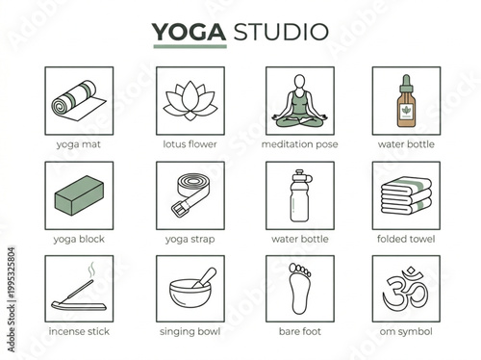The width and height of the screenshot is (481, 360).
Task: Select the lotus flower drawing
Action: pyautogui.click(x=190, y=101)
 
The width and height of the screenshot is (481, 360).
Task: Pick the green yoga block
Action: pyautogui.click(x=79, y=198)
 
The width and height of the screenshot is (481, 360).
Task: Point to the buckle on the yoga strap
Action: pyautogui.click(x=178, y=208)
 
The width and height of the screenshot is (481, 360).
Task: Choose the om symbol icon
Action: pyautogui.click(x=406, y=290)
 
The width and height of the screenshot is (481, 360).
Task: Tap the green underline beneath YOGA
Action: pyautogui.click(x=190, y=46)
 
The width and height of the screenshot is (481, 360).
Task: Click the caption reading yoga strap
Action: pyautogui.click(x=190, y=238)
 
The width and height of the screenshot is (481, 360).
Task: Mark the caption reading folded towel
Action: pyautogui.click(x=406, y=238)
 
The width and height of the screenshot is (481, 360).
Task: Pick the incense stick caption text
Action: pyautogui.click(x=79, y=332)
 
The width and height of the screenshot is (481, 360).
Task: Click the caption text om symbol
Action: pyautogui.click(x=406, y=332)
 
